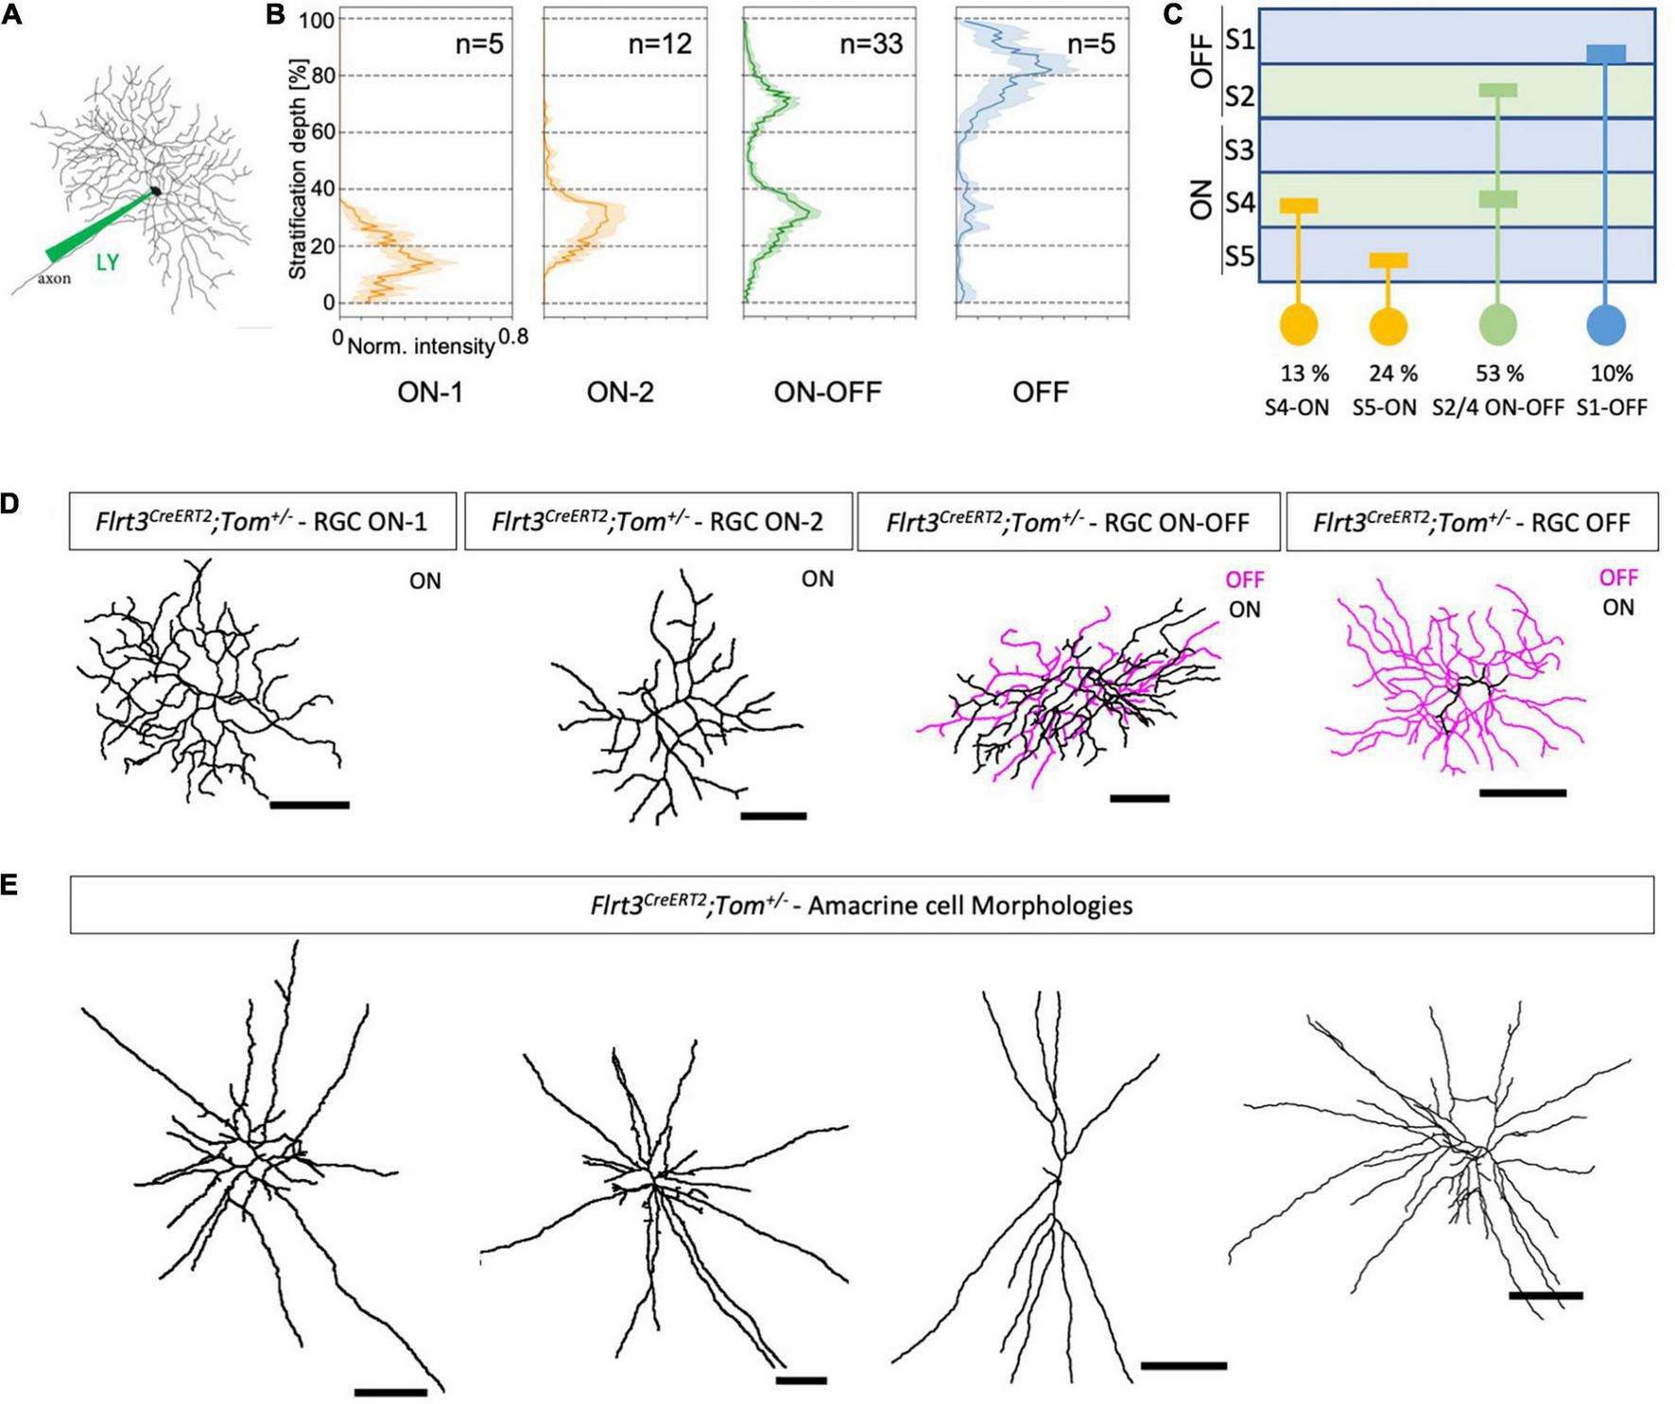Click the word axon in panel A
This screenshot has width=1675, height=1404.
54,278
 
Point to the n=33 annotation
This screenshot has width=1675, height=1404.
871,43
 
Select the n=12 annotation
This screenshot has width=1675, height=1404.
660,43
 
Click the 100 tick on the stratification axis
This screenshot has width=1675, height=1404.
317,19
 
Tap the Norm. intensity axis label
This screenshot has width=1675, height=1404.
421,346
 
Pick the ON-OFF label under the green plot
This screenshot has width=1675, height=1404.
827,391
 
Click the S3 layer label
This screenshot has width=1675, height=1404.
1238,149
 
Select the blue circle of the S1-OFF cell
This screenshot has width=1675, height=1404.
1605,324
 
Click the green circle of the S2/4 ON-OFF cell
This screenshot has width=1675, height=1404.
1497,324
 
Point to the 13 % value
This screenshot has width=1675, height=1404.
1304,373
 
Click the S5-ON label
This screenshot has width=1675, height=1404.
1388,407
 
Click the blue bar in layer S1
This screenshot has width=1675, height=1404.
1605,54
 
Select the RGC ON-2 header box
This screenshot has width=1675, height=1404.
658,521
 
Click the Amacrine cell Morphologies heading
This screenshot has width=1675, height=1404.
861,905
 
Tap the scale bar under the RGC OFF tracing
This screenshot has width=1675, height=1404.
1522,793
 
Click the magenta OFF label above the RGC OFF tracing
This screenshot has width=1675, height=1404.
1617,577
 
